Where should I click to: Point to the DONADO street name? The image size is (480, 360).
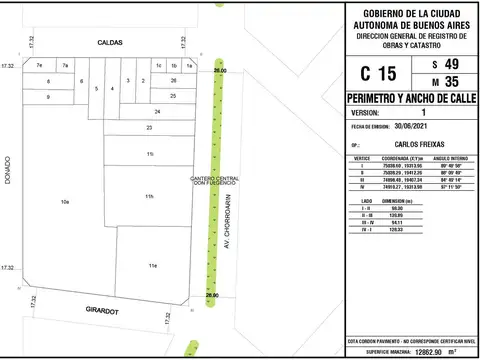click(9, 168)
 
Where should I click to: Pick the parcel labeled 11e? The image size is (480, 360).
click(152, 266)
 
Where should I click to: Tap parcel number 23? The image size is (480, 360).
click(149, 128)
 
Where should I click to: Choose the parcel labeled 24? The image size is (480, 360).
click(157, 111)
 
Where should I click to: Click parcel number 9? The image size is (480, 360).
click(49, 97)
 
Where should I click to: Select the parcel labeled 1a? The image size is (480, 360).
click(189, 65)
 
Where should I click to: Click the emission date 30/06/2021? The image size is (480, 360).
click(417, 127)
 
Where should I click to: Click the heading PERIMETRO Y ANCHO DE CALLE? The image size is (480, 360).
click(410, 102)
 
